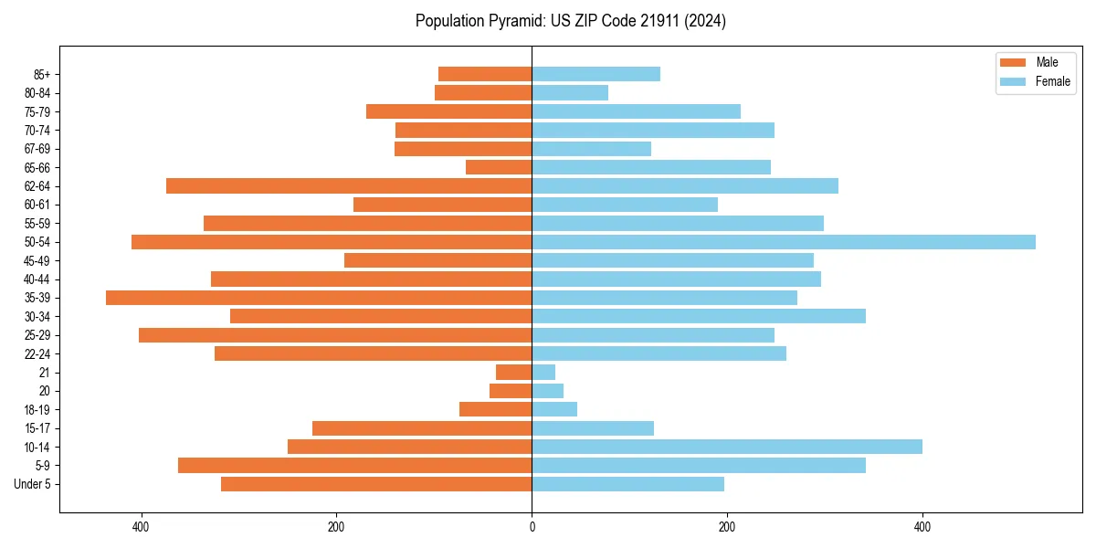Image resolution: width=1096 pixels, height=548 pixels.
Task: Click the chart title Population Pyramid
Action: pyautogui.click(x=570, y=21)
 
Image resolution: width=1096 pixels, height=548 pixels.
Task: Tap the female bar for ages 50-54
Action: pyautogui.click(x=784, y=242)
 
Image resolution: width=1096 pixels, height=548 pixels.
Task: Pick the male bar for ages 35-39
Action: pyautogui.click(x=319, y=298)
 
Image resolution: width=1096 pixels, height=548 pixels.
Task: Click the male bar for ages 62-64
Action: pyautogui.click(x=349, y=186)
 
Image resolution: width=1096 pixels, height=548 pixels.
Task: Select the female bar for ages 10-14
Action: pyautogui.click(x=727, y=447)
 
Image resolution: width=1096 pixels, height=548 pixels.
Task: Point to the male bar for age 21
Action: pyautogui.click(x=514, y=373)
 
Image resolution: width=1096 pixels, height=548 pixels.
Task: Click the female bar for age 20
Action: pyautogui.click(x=548, y=391)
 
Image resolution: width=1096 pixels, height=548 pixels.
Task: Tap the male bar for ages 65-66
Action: pyautogui.click(x=499, y=167)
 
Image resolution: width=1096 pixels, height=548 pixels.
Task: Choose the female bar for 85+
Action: pyautogui.click(x=596, y=74)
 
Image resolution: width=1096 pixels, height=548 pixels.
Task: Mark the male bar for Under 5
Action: pyautogui.click(x=376, y=484)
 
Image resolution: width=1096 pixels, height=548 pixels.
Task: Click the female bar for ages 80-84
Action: pyautogui.click(x=570, y=92)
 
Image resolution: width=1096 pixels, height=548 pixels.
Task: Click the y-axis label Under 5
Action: pyautogui.click(x=33, y=484)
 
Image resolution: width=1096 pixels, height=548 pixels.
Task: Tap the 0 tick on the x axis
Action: pyautogui.click(x=532, y=527)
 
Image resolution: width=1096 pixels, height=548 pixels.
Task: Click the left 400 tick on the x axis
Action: pyautogui.click(x=141, y=527)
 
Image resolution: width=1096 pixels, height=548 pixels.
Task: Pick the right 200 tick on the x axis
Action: pyautogui.click(x=727, y=527)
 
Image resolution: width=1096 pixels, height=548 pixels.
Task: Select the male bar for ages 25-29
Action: pyautogui.click(x=335, y=335)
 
